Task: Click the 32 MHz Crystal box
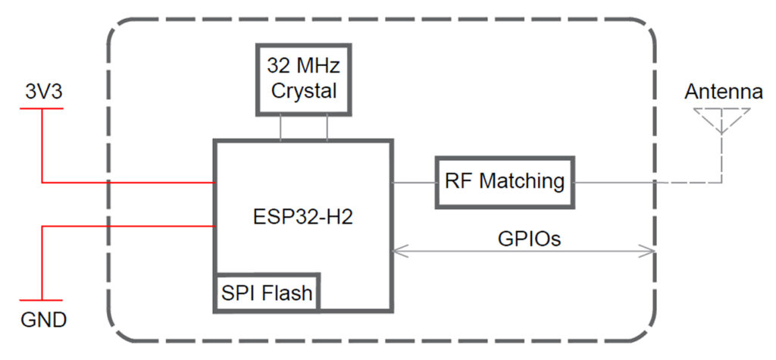[303, 79]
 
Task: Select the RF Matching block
[505, 182]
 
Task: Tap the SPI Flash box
[267, 292]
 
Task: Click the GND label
[42, 320]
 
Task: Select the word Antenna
[723, 92]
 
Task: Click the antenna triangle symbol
[722, 120]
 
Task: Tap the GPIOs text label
[528, 238]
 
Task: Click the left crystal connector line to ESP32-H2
[281, 127]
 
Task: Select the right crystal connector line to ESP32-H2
[327, 127]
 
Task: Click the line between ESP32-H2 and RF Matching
[414, 183]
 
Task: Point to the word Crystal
[303, 91]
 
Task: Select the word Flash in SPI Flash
[289, 292]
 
